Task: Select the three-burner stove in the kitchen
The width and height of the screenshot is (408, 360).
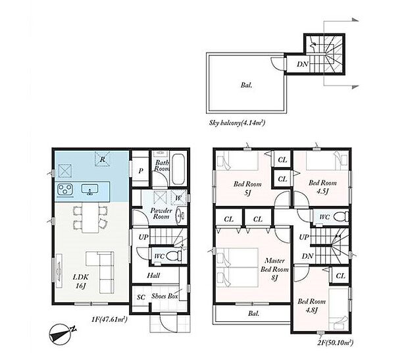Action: click(64, 189)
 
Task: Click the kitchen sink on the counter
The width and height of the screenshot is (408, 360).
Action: click(89, 190)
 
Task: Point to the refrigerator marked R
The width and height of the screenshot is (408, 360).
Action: click(102, 159)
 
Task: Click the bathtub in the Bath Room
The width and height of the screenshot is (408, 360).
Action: click(178, 170)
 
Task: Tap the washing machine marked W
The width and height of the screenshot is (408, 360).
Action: click(179, 197)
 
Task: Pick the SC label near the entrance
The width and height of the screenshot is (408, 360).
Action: click(141, 297)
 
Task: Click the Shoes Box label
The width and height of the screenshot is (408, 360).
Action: click(165, 296)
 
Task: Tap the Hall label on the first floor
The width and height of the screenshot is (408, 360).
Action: click(153, 275)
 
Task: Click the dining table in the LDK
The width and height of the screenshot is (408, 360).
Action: click(91, 218)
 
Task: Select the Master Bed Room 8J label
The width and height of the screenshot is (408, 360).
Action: click(274, 269)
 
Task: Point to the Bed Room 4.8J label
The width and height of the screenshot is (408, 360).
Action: click(311, 305)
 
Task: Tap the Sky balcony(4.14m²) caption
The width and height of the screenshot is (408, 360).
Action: click(237, 122)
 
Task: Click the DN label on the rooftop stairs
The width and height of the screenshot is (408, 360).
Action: click(302, 64)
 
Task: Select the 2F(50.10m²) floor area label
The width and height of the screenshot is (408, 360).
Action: click(335, 342)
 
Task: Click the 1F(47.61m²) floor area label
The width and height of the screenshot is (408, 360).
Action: click(109, 319)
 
